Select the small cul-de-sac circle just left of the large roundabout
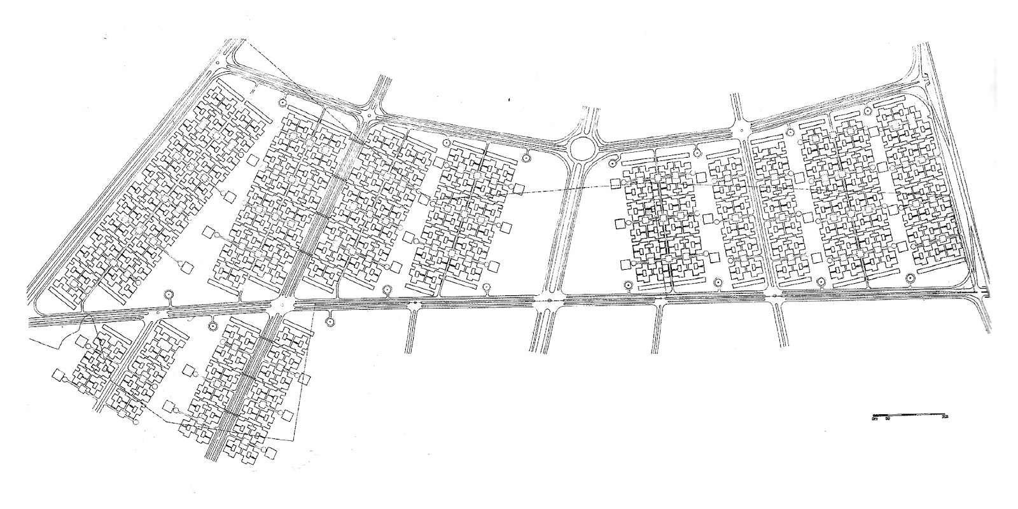pos(527,158)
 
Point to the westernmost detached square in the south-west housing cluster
pos(60,375)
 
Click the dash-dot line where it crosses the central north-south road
pos(569,188)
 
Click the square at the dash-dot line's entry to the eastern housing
pos(615,185)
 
